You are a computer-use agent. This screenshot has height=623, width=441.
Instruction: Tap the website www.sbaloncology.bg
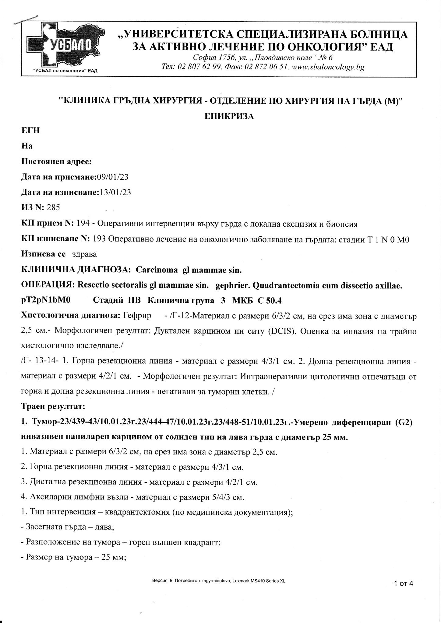[x=328, y=67]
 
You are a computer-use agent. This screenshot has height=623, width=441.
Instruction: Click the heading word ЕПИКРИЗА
[x=229, y=116]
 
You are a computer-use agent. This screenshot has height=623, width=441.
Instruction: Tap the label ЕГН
[x=30, y=131]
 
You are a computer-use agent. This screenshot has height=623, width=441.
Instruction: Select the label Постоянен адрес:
[x=56, y=161]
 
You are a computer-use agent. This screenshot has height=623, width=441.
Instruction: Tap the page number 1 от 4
[x=403, y=583]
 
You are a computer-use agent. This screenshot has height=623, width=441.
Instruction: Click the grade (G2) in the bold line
[x=404, y=423]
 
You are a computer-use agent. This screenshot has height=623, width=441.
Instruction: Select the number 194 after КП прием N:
[x=83, y=224]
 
